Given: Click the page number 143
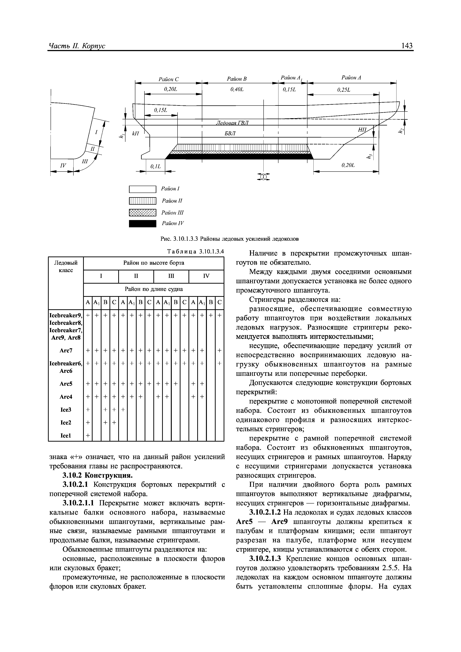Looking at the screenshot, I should (407, 46).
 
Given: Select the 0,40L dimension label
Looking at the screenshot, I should (237, 90).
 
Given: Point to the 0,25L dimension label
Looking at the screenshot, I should (344, 90).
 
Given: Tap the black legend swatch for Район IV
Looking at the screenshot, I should (143, 224).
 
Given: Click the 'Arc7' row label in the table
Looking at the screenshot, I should (66, 351).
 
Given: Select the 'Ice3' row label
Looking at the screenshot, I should (66, 410).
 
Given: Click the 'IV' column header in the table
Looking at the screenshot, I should (206, 276).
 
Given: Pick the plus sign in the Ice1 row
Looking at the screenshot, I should (88, 435).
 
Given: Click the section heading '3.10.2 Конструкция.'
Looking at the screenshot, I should (97, 475).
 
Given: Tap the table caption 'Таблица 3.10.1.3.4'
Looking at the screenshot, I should (196, 252).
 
